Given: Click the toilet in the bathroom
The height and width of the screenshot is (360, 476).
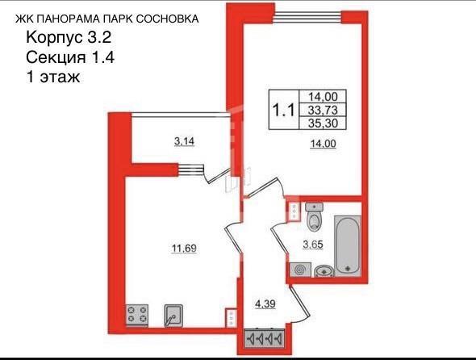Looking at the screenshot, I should [315, 217].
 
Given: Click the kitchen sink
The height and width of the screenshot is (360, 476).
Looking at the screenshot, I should [173, 315].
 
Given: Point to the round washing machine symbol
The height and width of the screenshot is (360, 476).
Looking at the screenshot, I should [301, 269].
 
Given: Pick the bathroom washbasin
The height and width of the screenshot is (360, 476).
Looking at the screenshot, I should [324, 270].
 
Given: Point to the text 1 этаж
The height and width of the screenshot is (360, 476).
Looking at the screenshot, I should [55, 77].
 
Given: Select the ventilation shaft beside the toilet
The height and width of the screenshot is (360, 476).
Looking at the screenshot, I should [294, 213].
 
